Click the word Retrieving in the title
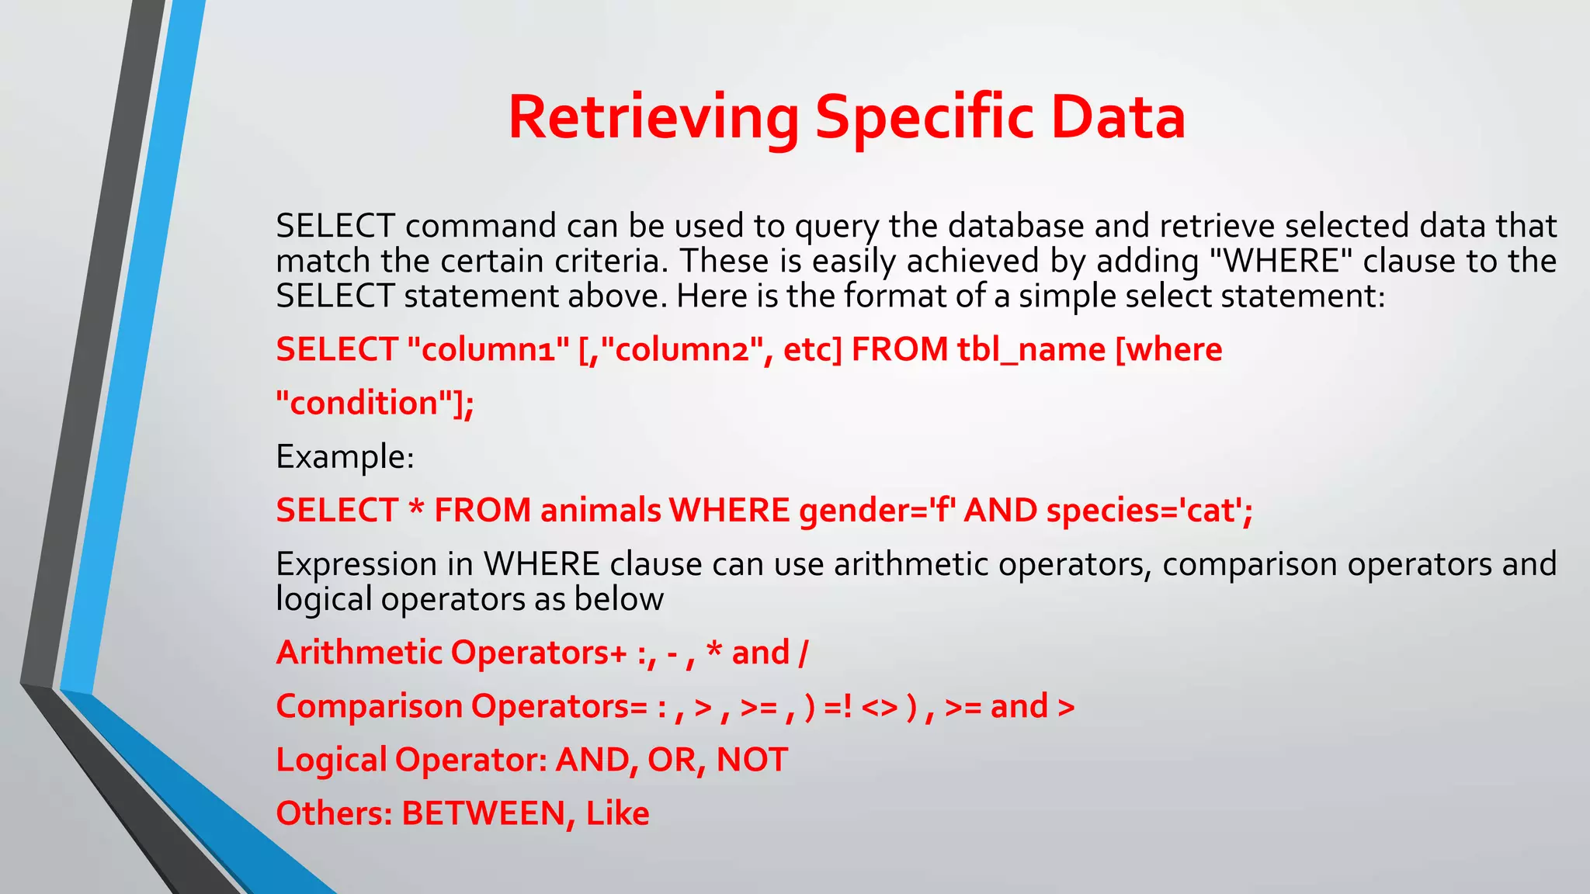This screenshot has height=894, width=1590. [653, 118]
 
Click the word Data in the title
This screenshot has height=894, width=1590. [1117, 118]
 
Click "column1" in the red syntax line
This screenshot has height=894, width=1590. [488, 349]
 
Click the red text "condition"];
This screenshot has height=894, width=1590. [375, 403]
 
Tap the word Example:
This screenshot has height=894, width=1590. [345, 456]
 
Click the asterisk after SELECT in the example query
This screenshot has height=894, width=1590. [416, 511]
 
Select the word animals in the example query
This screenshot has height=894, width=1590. [601, 511]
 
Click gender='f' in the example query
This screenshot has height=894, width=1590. [878, 511]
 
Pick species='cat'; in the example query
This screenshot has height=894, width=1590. [1149, 511]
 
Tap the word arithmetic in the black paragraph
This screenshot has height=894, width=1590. [911, 564]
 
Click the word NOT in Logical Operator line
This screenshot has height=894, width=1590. [752, 760]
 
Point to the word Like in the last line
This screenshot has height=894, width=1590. [617, 813]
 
